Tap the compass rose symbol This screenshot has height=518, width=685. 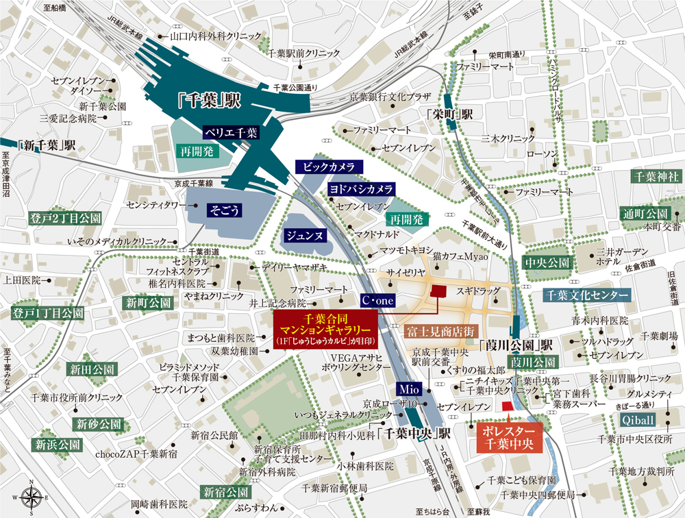click(x=30, y=495)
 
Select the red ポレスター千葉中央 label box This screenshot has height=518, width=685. click(x=508, y=437)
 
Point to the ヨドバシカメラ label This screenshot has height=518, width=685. click(x=360, y=188)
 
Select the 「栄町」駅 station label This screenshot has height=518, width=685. click(x=449, y=115)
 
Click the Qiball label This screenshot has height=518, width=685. click(x=637, y=419)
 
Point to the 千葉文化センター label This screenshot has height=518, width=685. click(x=586, y=295)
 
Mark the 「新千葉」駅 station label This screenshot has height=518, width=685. click(x=47, y=145)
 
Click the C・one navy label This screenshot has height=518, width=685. click(x=377, y=300)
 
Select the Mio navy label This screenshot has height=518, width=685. click(x=407, y=387)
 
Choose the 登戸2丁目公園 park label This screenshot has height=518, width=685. click(x=65, y=219)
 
